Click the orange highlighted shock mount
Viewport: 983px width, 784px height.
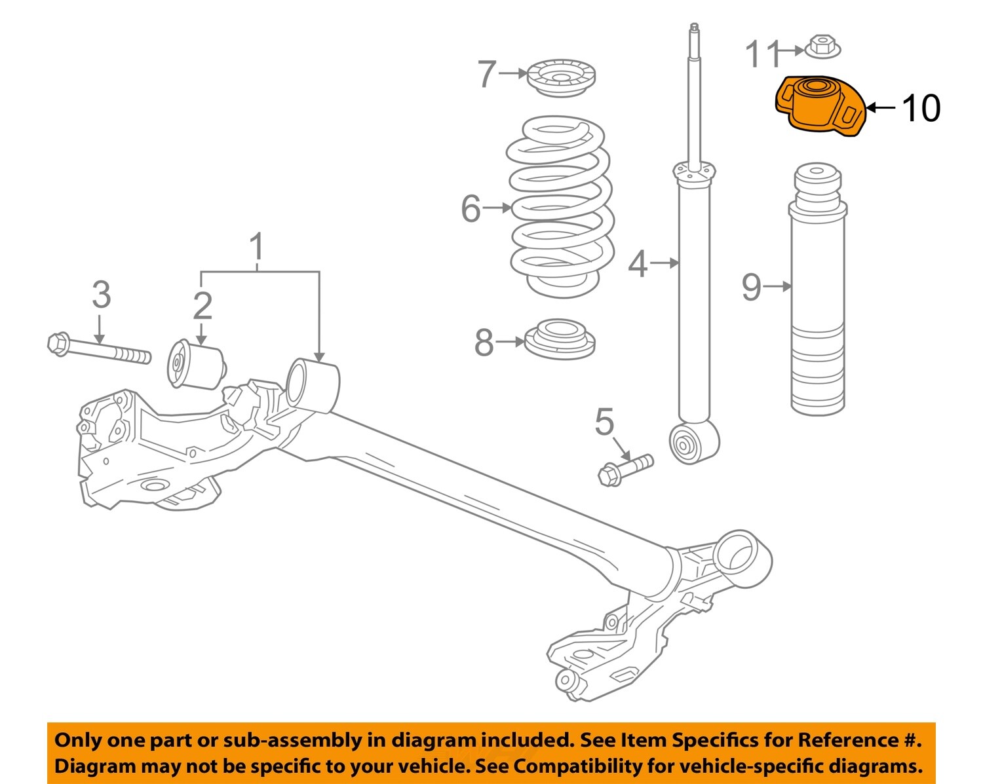pyautogui.click(x=819, y=106)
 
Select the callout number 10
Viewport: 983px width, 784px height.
pyautogui.click(x=921, y=108)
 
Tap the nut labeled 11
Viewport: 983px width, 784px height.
pyautogui.click(x=822, y=47)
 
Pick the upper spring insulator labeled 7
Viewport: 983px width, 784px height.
pyautogui.click(x=561, y=78)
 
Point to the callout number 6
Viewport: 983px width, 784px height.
pyautogui.click(x=471, y=209)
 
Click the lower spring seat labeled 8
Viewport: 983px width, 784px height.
pyautogui.click(x=560, y=340)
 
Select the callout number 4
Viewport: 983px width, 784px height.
pyautogui.click(x=637, y=263)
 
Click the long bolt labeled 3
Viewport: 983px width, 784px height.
pyautogui.click(x=98, y=349)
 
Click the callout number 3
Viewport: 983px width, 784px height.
pyautogui.click(x=101, y=295)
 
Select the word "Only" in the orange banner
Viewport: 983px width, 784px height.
pyautogui.click(x=77, y=740)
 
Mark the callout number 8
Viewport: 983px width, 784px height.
pyautogui.click(x=484, y=342)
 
